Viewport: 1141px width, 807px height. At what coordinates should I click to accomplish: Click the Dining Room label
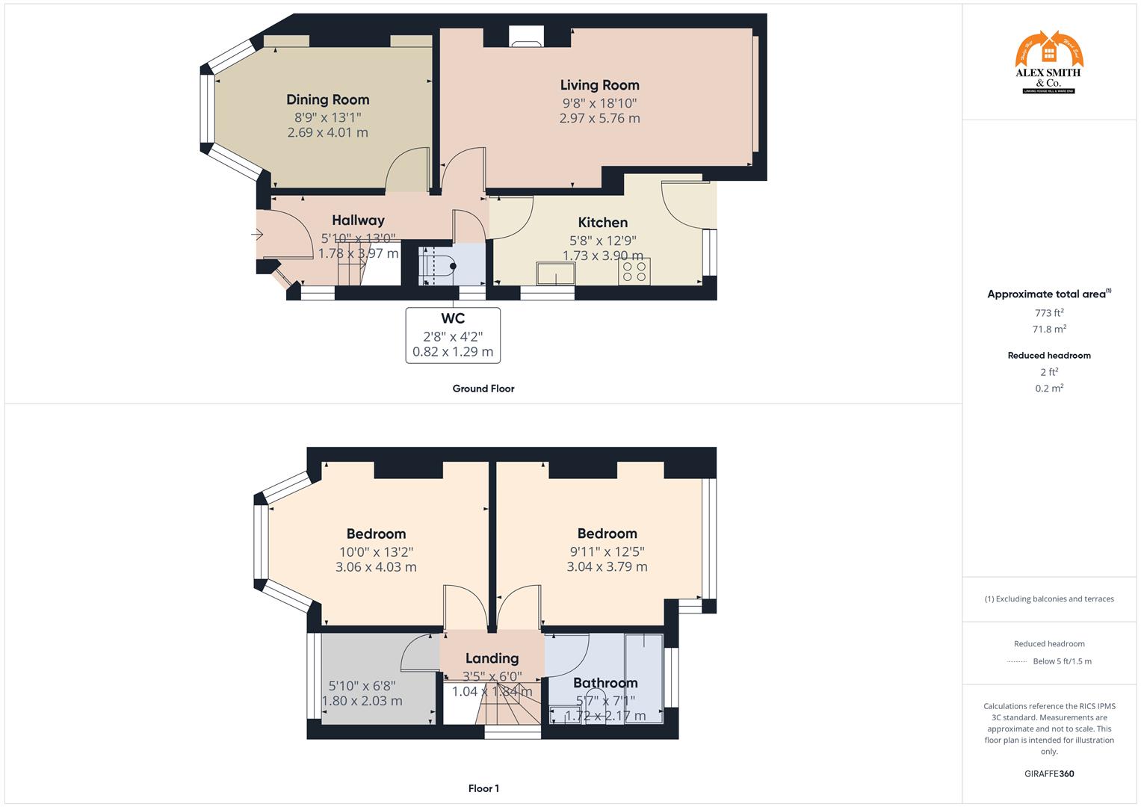327,99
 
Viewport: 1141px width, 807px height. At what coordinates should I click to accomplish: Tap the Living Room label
599,85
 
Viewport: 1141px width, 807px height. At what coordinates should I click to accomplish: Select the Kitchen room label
602,223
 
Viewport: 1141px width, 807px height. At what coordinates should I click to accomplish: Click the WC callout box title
453,319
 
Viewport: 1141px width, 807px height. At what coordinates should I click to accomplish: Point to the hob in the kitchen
634,271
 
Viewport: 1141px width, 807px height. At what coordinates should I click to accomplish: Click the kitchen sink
555,274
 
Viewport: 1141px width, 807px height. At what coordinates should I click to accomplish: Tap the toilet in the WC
441,267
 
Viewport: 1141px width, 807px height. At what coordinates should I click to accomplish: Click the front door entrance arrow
257,235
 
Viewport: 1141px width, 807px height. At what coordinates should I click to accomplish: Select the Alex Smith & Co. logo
1049,63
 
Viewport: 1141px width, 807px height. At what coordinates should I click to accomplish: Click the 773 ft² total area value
1049,313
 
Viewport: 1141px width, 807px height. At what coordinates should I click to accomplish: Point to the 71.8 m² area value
1049,329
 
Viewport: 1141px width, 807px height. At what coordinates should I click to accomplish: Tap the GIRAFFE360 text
1049,773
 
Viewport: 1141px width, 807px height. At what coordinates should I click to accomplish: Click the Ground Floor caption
483,389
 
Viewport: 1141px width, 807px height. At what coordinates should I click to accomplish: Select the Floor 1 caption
483,788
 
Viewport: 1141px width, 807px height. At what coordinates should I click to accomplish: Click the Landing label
492,658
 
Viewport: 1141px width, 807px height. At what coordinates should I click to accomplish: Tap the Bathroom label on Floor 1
605,683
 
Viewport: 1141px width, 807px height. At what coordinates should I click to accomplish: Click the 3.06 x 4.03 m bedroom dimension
376,567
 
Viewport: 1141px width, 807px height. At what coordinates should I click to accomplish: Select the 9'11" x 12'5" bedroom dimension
607,552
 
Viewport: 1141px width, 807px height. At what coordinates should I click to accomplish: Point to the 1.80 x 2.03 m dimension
362,701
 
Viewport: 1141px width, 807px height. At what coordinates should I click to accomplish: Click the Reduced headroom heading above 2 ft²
1049,356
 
